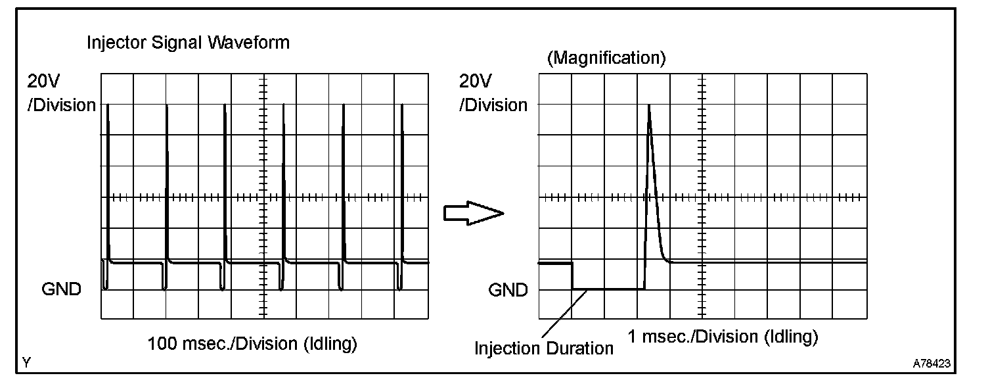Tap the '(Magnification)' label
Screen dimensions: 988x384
tap(606, 58)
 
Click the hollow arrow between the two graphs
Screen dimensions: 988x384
tap(474, 213)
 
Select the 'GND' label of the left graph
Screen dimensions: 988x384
tap(61, 289)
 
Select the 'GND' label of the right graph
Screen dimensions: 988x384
tap(508, 290)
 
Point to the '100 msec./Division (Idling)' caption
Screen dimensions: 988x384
tap(252, 344)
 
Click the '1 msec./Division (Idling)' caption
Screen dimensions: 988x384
tap(723, 337)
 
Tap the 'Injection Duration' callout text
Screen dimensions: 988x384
tap(544, 348)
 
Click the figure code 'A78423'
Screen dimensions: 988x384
tap(932, 364)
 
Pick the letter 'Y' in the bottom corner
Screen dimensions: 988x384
tap(27, 363)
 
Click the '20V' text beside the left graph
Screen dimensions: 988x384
tap(43, 82)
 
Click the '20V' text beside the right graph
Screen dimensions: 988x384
tap(475, 82)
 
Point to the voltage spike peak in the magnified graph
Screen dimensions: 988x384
tap(649, 106)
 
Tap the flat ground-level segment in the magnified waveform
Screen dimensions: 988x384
tap(608, 289)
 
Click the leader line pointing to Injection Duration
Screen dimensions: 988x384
tap(564, 314)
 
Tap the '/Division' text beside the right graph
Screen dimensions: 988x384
tap(493, 105)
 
